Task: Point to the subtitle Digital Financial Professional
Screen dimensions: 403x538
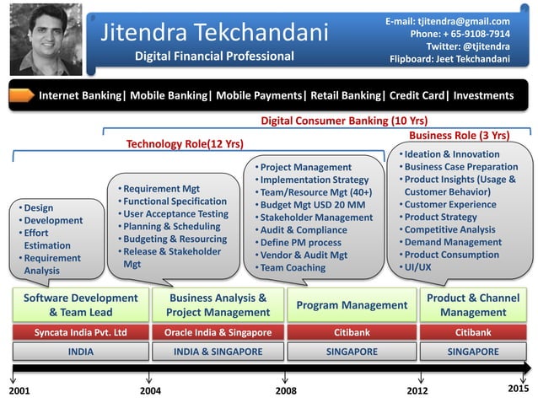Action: point(215,56)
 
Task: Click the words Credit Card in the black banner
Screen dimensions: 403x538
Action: point(413,95)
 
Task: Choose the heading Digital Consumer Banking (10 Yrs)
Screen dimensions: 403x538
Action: point(344,121)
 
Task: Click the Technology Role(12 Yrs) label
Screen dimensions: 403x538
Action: point(185,144)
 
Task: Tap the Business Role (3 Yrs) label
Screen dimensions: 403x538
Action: point(459,135)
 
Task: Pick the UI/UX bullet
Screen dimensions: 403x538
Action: point(418,267)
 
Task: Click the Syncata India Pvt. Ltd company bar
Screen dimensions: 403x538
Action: point(80,332)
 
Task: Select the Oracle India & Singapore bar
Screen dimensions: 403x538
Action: point(218,332)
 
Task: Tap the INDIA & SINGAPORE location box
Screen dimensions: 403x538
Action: point(218,352)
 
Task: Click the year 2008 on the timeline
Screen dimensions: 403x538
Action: point(287,392)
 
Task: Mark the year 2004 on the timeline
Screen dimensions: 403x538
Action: point(149,392)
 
